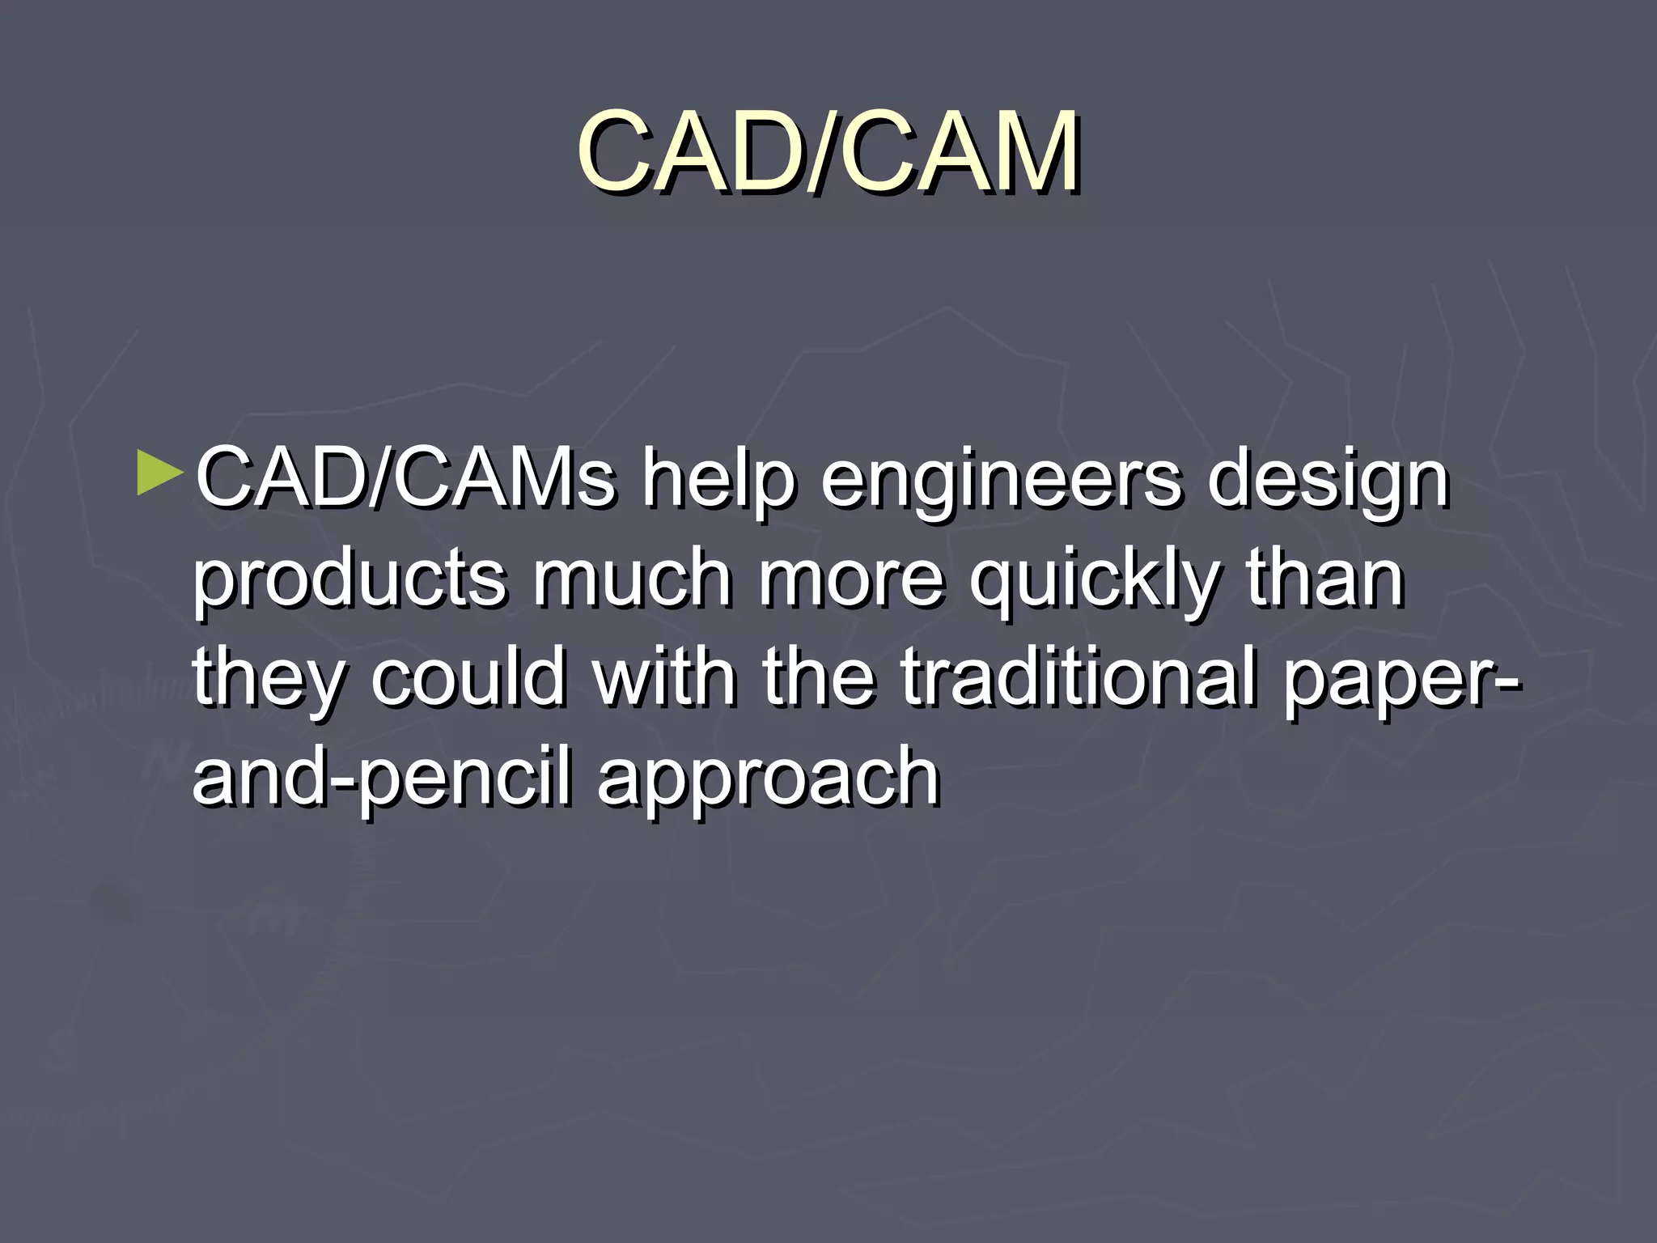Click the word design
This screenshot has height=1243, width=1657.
[x=1328, y=481]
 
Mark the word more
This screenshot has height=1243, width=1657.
[x=851, y=579]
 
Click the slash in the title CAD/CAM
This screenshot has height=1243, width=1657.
[x=826, y=154]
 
